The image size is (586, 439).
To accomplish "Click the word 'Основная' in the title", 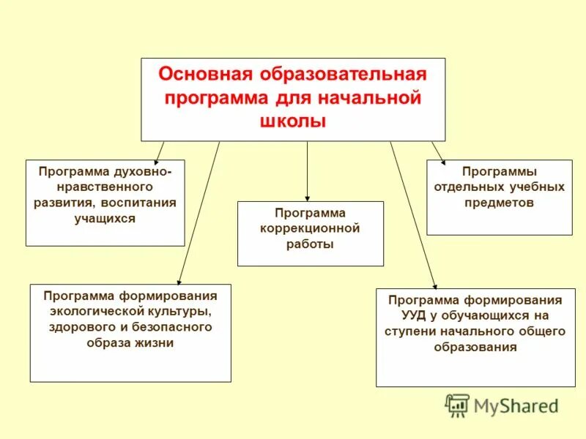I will tap(200, 75).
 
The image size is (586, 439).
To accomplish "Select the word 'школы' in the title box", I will tap(292, 121).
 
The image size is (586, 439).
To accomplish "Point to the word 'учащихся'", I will tap(105, 218).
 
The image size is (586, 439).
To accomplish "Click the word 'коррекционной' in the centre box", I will tap(310, 228).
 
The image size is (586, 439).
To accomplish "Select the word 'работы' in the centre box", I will tap(310, 244).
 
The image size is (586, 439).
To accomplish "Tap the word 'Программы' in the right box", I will tap(499, 171).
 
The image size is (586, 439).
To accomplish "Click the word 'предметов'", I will tap(499, 203).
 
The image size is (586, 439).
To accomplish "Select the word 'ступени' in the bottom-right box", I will tap(409, 331).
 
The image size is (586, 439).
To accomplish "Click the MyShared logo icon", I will tap(457, 405).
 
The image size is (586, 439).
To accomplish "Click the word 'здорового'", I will tap(77, 327).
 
